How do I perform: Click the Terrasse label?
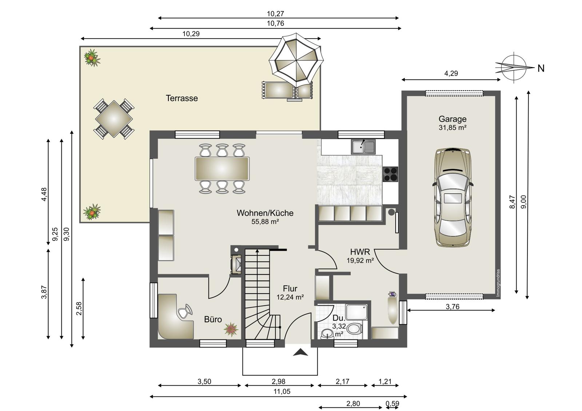(x=182, y=98)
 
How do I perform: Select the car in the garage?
(x=453, y=197)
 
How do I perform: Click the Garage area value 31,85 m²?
(x=453, y=128)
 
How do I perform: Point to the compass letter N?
(x=541, y=69)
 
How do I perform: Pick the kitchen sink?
(x=363, y=147)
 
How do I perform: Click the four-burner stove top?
(x=391, y=174)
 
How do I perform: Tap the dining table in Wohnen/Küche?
(x=222, y=169)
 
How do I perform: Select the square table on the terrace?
(x=114, y=119)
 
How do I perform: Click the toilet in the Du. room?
(x=355, y=329)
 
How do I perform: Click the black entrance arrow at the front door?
(x=300, y=352)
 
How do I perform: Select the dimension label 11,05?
(x=282, y=391)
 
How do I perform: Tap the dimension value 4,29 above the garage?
(x=451, y=73)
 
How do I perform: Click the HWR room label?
(x=360, y=252)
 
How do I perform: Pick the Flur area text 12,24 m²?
(x=290, y=297)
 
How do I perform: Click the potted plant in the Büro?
(x=231, y=329)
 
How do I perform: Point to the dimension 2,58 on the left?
(x=79, y=309)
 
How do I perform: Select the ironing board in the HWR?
(x=393, y=308)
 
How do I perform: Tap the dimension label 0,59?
(x=392, y=404)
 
